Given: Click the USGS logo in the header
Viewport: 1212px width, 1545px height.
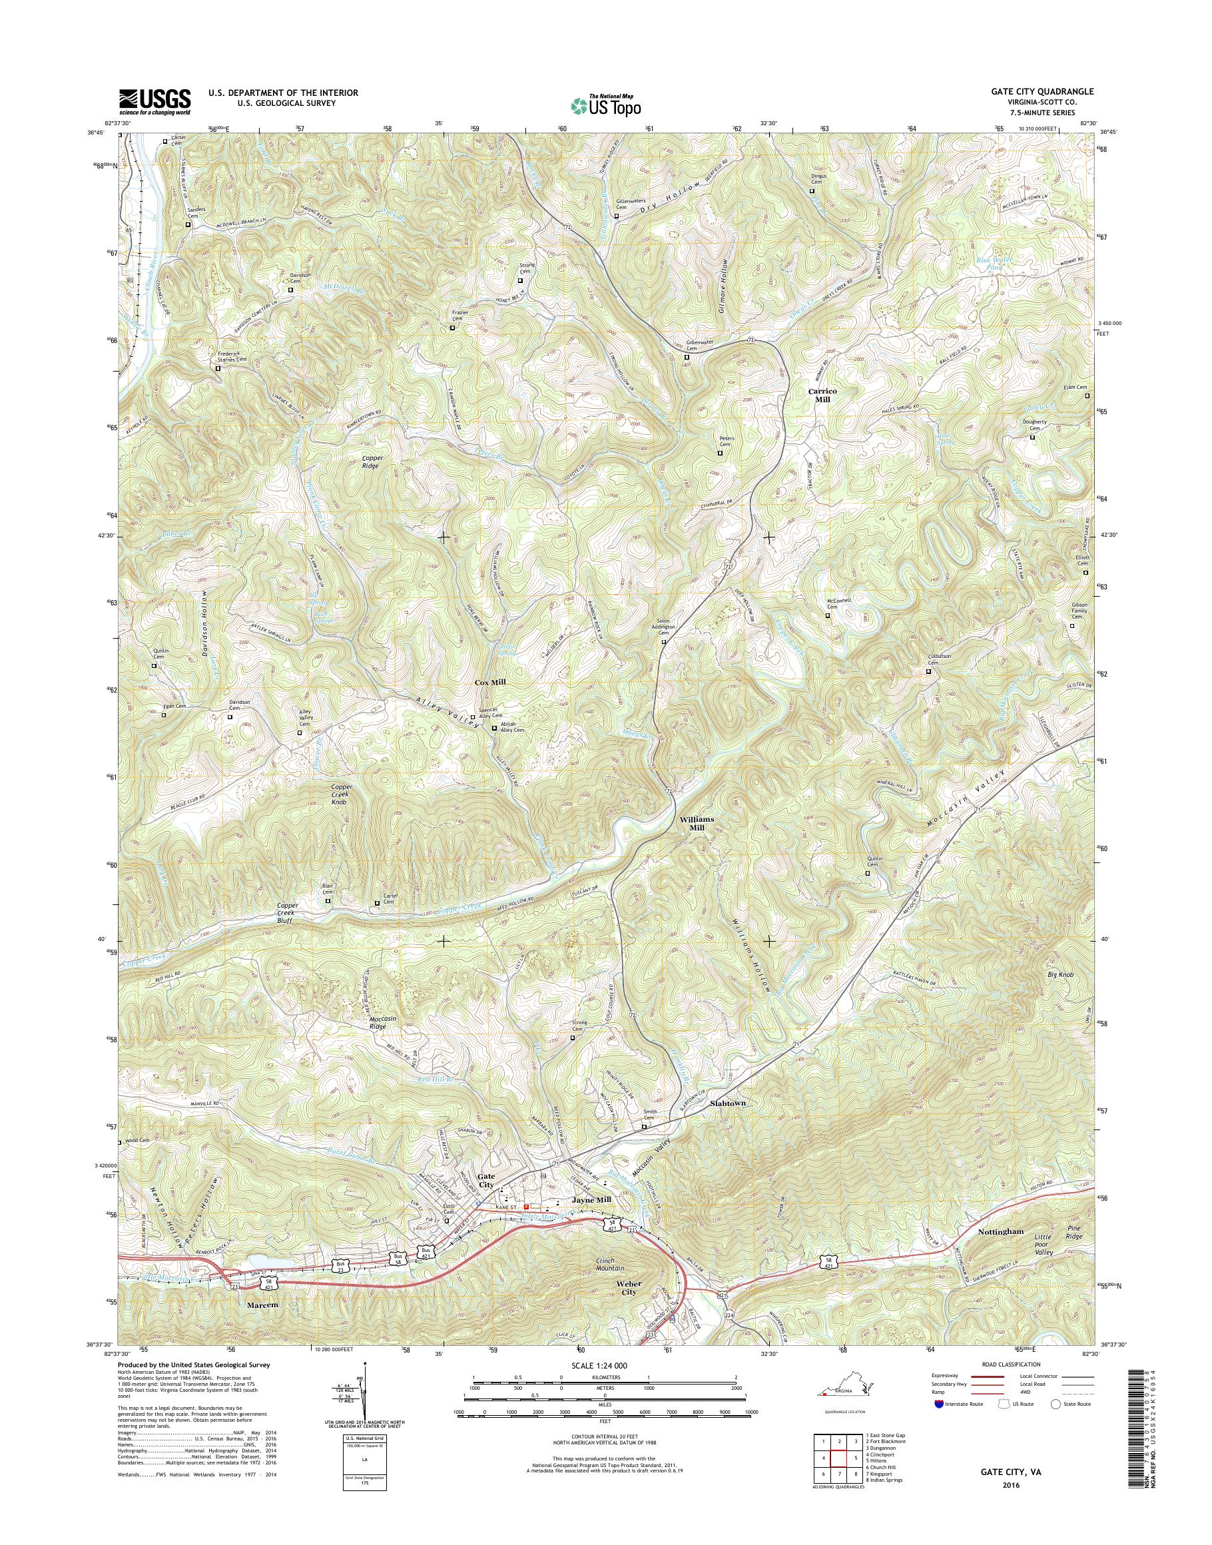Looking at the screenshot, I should pyautogui.click(x=154, y=100).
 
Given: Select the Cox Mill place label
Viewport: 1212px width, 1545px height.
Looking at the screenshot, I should pyautogui.click(x=490, y=682).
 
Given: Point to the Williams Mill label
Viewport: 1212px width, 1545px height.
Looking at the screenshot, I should pyautogui.click(x=697, y=823).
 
